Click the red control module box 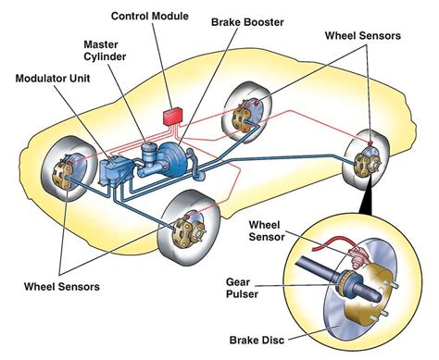click(x=173, y=117)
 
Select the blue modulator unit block click(x=118, y=170)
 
